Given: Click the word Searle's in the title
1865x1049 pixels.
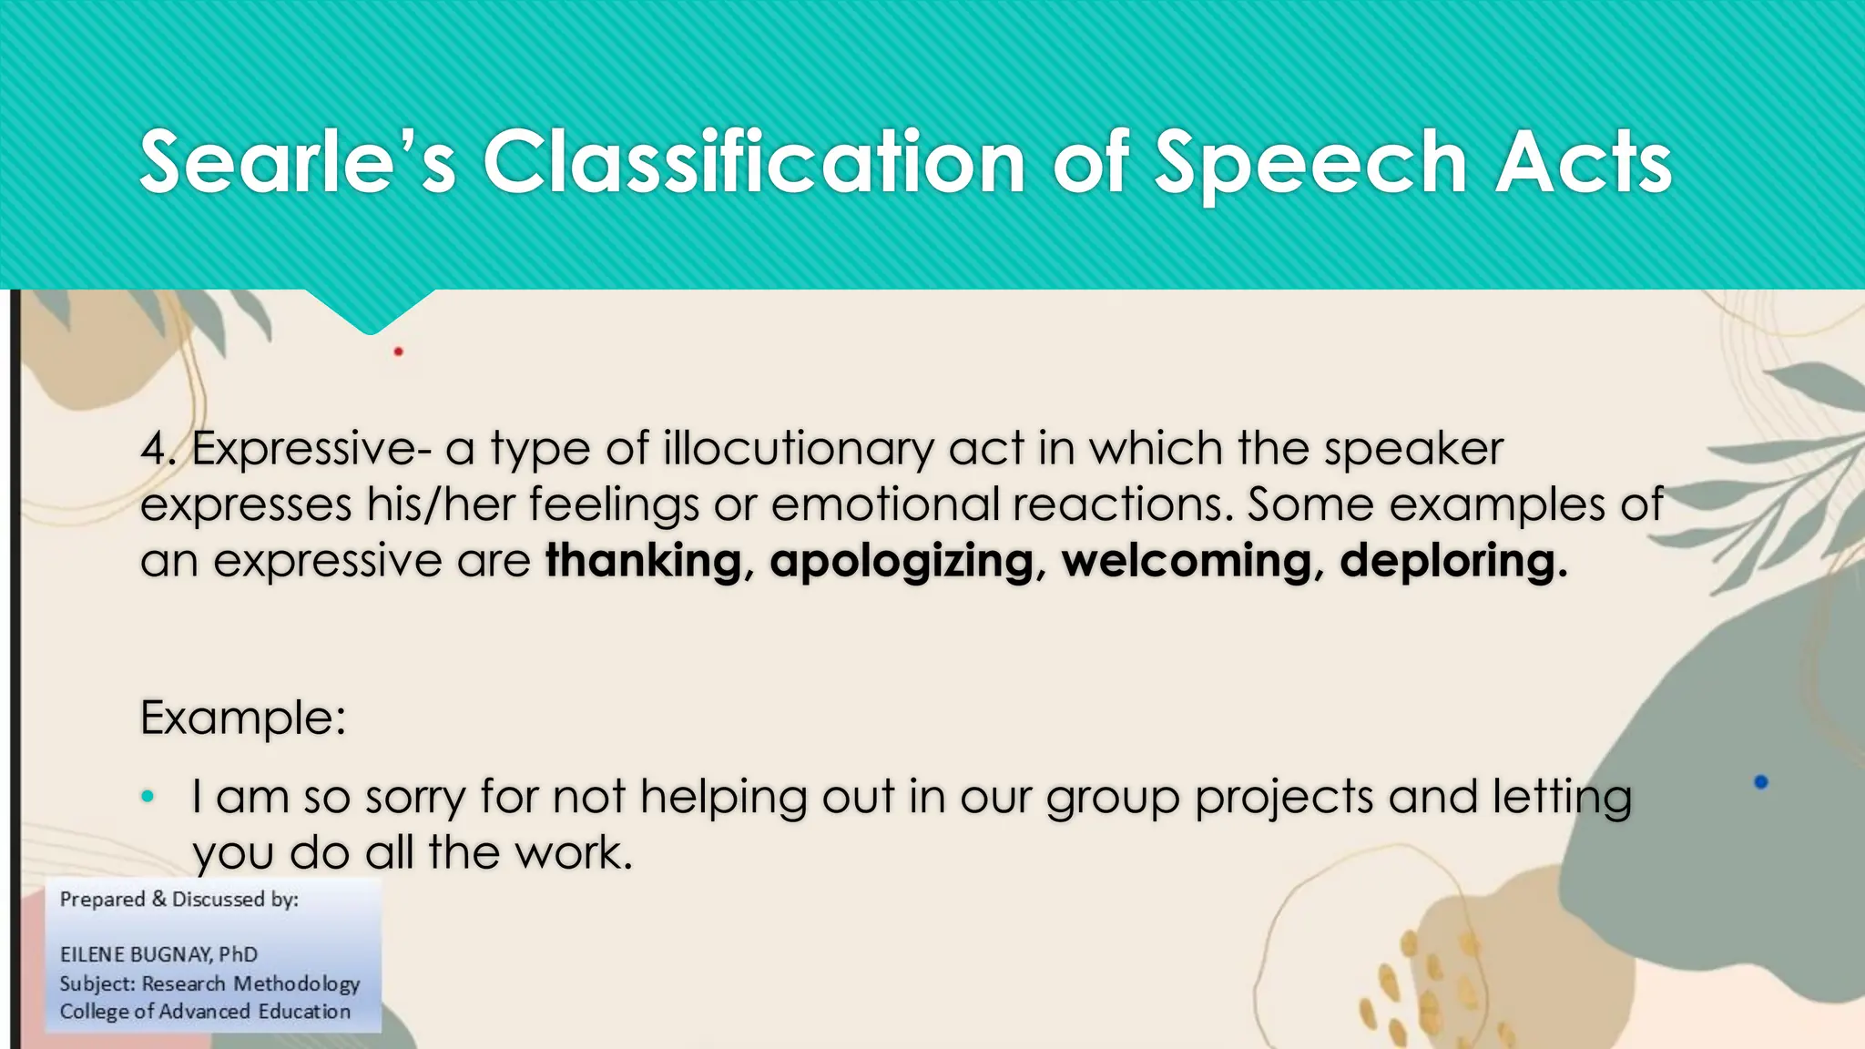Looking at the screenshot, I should click(x=297, y=163).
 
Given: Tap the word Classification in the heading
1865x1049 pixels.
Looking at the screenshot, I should click(x=754, y=163).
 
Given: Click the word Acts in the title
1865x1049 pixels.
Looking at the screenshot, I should click(x=1583, y=163).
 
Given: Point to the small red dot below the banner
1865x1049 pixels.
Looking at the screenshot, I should click(x=398, y=351).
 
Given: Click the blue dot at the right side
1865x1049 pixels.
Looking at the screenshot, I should click(x=1760, y=782).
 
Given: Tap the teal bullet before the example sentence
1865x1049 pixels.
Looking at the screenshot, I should click(x=148, y=798).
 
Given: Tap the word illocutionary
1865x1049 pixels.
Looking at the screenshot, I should click(x=799, y=449).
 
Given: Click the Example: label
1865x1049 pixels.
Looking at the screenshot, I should click(x=243, y=718).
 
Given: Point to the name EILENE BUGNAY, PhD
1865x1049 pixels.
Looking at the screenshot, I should click(x=158, y=954).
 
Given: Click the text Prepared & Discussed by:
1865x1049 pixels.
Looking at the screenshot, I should click(x=179, y=900).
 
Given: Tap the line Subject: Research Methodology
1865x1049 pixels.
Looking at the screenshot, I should click(x=209, y=983).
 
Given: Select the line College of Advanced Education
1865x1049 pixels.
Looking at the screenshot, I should click(x=205, y=1012).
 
